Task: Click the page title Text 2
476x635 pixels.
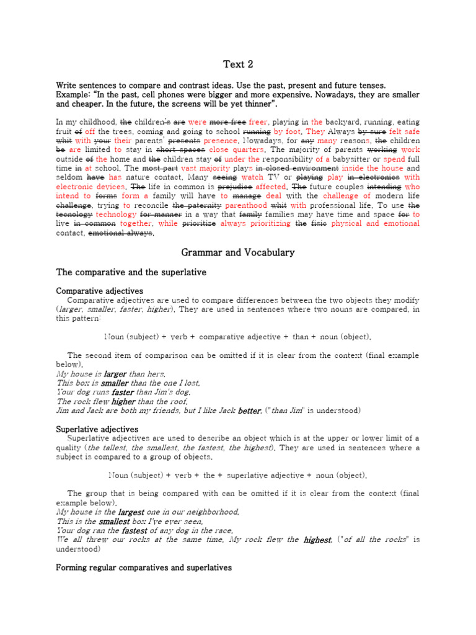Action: (238, 64)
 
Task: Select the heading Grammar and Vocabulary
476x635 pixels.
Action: (237, 252)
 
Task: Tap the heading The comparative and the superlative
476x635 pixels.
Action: (132, 272)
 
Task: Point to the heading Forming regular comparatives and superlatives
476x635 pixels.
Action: (144, 567)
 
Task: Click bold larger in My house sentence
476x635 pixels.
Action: (115, 374)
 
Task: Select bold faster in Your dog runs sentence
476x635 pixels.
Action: (123, 392)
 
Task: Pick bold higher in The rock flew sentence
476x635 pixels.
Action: (123, 401)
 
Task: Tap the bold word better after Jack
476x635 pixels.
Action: (250, 411)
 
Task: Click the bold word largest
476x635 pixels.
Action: (131, 512)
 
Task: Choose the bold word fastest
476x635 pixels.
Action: (134, 531)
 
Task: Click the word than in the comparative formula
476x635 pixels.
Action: (300, 337)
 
